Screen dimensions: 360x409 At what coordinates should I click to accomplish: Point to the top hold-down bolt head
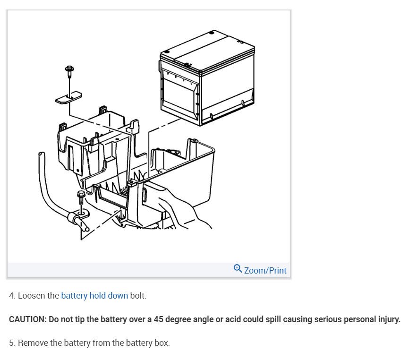69,70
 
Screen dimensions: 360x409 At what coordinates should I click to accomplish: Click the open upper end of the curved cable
41,154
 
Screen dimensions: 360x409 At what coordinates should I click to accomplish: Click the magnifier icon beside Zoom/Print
238,268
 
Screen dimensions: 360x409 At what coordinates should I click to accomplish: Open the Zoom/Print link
265,270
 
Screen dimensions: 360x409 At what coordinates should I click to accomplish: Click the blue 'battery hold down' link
94,296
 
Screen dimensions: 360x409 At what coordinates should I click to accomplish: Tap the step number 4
12,296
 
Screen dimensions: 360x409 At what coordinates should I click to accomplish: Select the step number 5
12,343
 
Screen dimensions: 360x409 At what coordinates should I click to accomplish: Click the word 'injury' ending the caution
387,319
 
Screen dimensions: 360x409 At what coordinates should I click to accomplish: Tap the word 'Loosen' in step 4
32,296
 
